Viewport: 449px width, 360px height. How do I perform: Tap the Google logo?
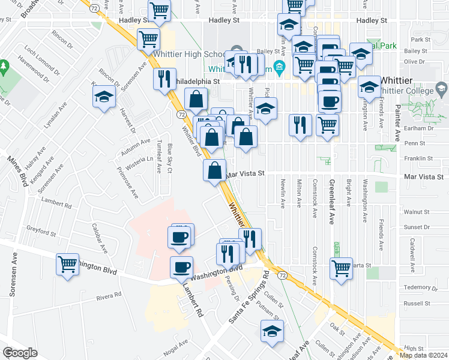[20, 353]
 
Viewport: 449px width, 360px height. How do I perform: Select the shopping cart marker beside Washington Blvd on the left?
[68, 265]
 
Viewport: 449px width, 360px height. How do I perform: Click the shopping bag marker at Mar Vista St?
[215, 171]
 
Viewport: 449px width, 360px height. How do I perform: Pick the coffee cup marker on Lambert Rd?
[181, 268]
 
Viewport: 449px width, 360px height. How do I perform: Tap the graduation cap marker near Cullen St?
[272, 331]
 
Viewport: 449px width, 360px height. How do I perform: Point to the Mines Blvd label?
[17, 172]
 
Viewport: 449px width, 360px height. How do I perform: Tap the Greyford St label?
[41, 229]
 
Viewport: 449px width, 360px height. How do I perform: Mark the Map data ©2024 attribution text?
[423, 355]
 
